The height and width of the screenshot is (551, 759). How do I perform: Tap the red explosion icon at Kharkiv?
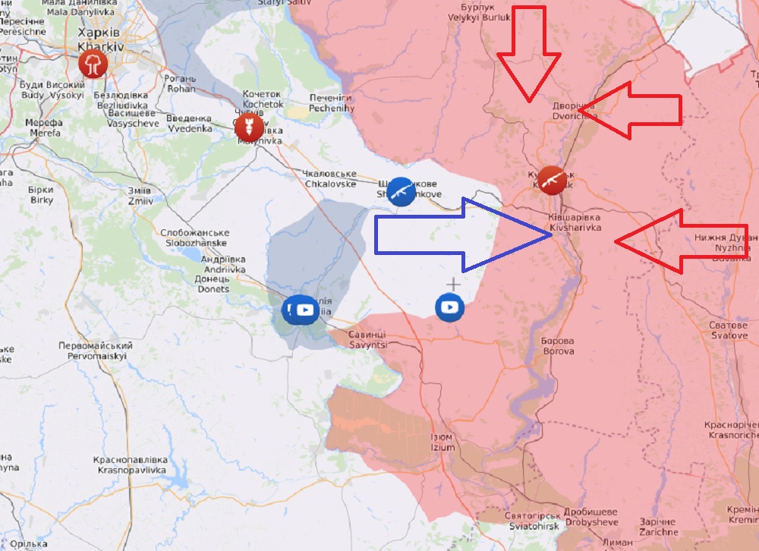(93, 63)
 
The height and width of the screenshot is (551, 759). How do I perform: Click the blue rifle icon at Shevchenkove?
(401, 191)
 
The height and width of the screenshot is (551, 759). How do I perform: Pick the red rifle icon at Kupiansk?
(553, 180)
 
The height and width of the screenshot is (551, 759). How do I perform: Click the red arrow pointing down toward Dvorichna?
(529, 57)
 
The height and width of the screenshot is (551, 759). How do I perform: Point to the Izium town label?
(442, 442)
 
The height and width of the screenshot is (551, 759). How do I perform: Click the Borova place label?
(558, 346)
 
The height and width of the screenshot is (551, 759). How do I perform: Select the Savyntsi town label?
(367, 339)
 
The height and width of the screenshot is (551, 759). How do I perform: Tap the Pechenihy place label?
(332, 103)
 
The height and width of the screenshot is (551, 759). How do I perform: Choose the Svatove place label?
(729, 330)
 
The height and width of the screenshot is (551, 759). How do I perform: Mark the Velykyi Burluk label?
(476, 12)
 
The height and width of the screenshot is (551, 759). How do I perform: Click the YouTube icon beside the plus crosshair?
(449, 307)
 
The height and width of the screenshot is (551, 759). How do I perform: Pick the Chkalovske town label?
(329, 178)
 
